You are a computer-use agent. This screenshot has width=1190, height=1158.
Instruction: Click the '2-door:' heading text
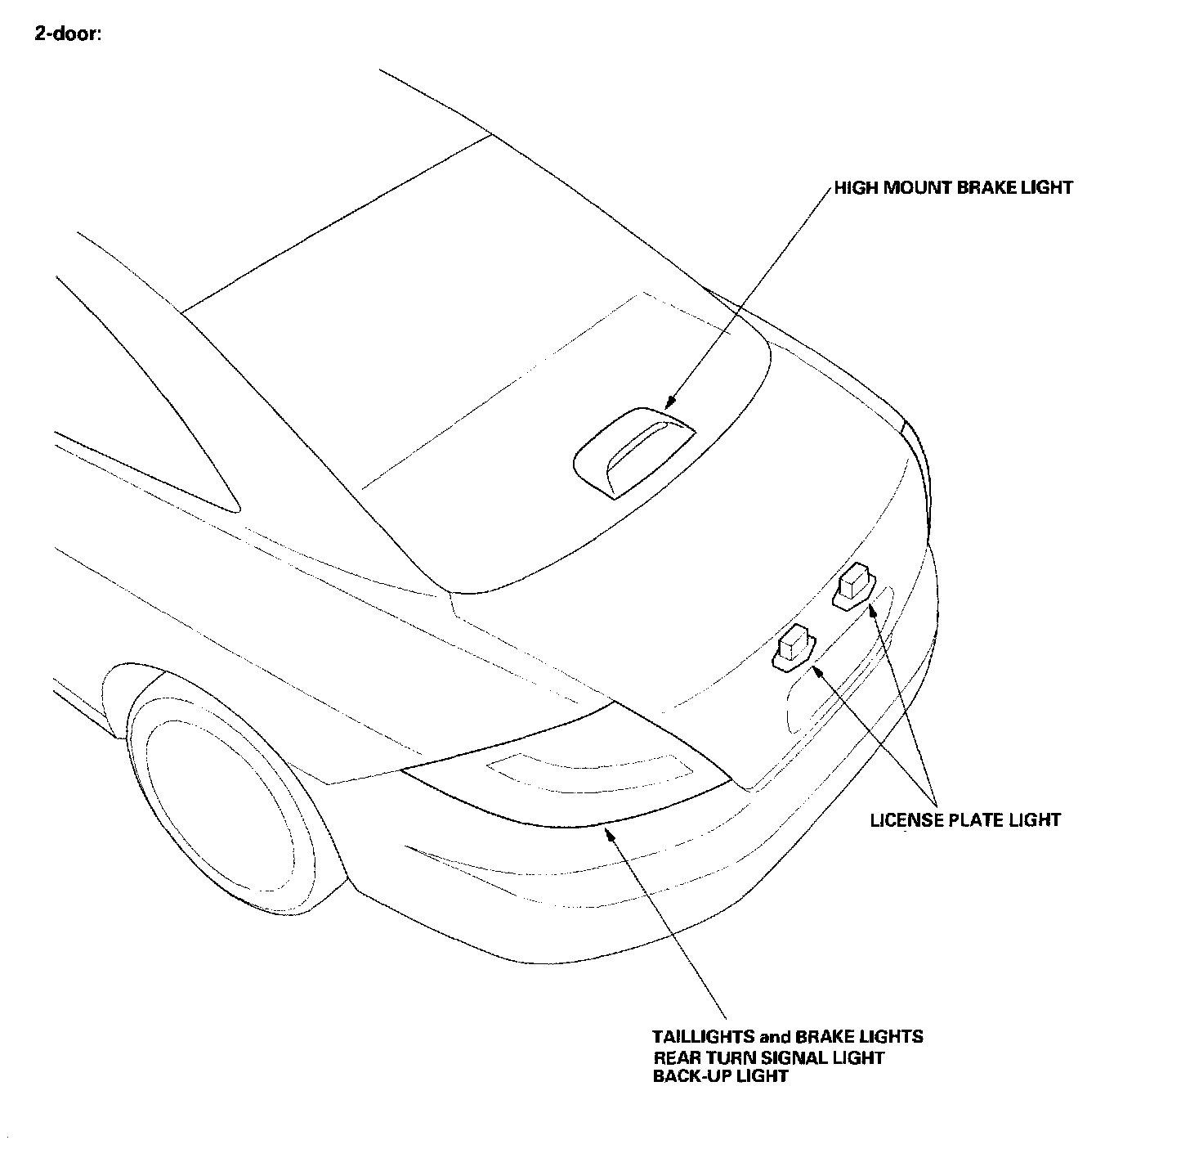68,36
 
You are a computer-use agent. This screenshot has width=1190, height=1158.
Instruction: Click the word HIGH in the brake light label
856,188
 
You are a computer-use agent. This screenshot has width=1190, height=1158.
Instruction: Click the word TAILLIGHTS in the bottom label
703,1037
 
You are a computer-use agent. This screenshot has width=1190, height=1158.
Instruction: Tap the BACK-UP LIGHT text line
720,1076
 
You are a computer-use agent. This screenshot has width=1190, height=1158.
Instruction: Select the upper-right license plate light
853,587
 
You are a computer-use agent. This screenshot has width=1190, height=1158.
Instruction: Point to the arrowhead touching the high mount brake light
670,402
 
